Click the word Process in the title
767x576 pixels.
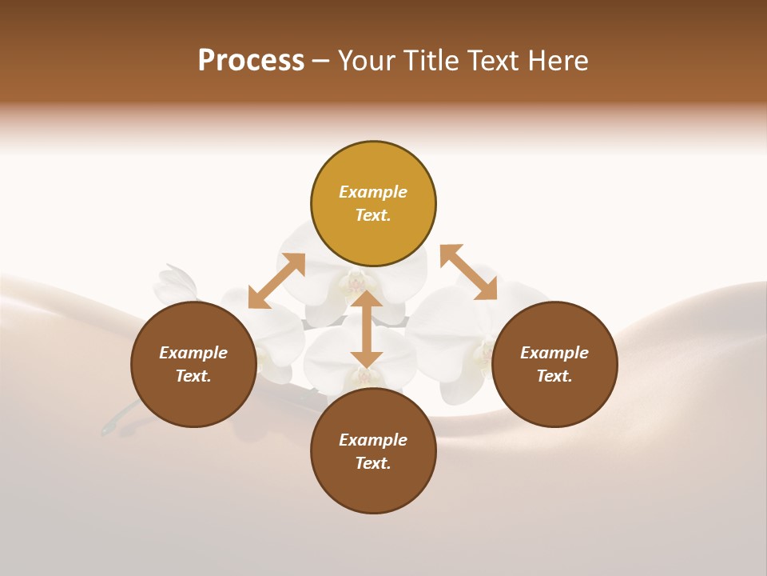point(251,61)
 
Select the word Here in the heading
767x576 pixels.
point(558,61)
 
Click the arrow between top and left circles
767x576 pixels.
point(276,281)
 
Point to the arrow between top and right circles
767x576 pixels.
point(468,273)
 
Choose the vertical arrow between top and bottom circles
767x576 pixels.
point(366,329)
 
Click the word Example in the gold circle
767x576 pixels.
point(373,192)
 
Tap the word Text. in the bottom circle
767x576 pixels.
point(373,463)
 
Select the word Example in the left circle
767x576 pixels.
point(193,353)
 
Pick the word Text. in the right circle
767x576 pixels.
point(554,376)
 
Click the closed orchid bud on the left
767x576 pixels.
point(177,283)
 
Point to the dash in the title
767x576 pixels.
point(321,62)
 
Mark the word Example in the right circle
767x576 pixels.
point(554,353)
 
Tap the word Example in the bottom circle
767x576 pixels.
point(373,440)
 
